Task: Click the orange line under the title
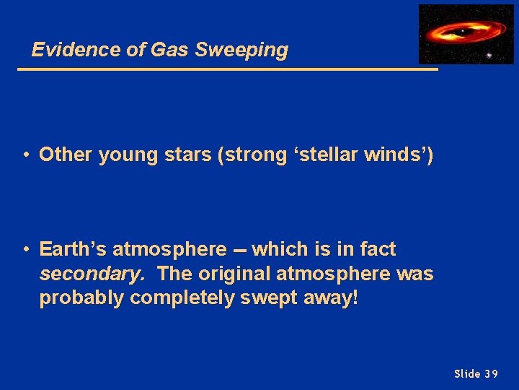click(227, 69)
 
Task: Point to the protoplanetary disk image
click(466, 33)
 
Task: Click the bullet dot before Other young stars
click(25, 155)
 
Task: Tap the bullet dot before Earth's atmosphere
click(25, 249)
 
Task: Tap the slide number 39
click(490, 373)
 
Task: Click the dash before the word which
click(239, 250)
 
